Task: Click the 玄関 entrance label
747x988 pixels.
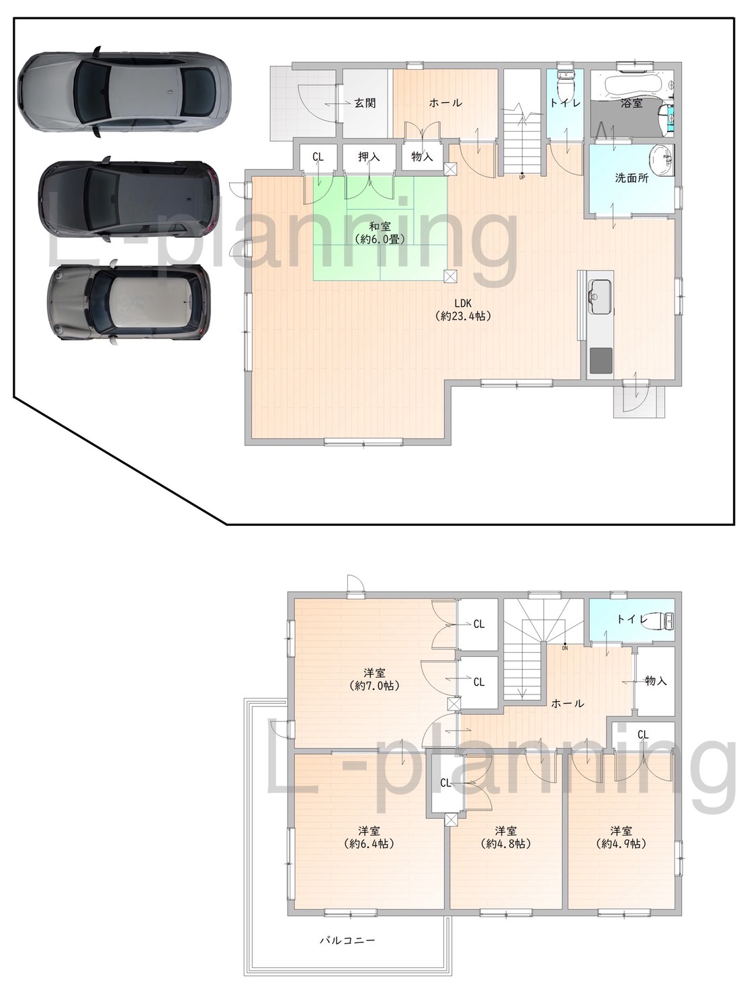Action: (365, 103)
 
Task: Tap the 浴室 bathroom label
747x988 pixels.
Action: (631, 103)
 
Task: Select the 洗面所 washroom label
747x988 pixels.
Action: (632, 178)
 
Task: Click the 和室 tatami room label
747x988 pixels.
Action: (380, 226)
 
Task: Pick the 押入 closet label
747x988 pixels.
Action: (369, 156)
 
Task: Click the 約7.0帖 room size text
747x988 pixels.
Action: (374, 686)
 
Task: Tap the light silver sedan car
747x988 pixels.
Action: (124, 91)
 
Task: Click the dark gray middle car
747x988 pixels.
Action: (129, 199)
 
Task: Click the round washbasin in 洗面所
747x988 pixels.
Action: (662, 159)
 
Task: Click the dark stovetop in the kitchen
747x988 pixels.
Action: (601, 359)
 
